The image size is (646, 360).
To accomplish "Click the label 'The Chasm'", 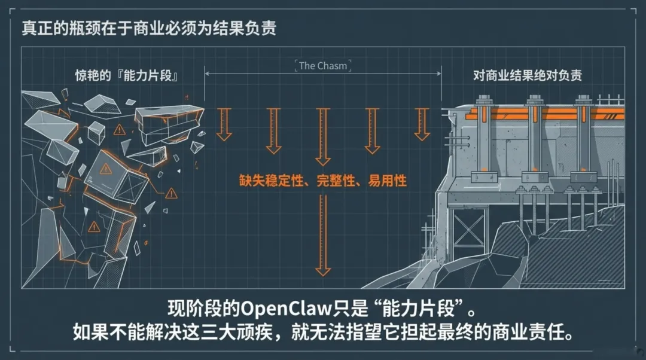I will click(x=322, y=66).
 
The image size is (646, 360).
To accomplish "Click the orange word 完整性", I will click(x=337, y=179).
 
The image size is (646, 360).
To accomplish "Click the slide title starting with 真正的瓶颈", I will click(x=149, y=28).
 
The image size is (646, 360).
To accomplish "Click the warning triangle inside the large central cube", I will click(x=106, y=169).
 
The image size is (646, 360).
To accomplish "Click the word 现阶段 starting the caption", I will click(x=194, y=309).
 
